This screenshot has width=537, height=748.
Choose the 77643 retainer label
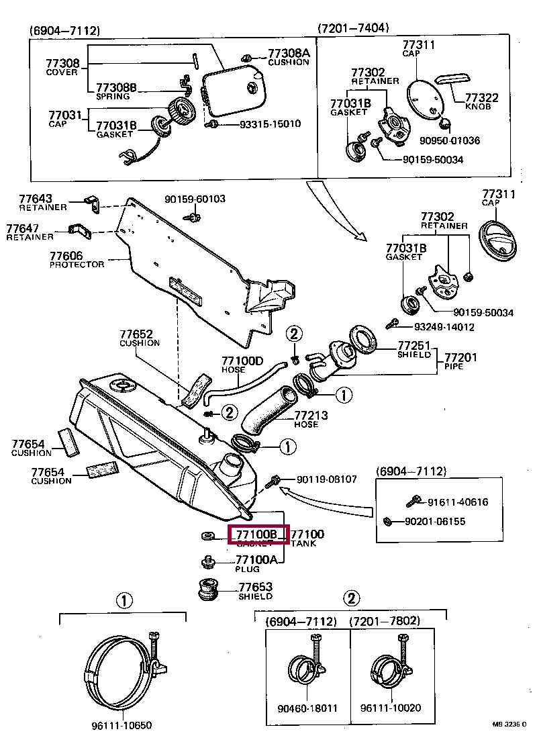click(35, 199)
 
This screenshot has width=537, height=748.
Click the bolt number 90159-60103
click(195, 199)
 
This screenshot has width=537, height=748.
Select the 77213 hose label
click(311, 416)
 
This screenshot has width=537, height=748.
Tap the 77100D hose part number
click(242, 361)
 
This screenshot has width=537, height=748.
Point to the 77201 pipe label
click(461, 357)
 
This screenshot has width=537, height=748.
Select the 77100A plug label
click(256, 559)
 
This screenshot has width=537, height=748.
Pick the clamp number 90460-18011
click(307, 708)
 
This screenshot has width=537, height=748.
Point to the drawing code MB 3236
click(509, 724)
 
